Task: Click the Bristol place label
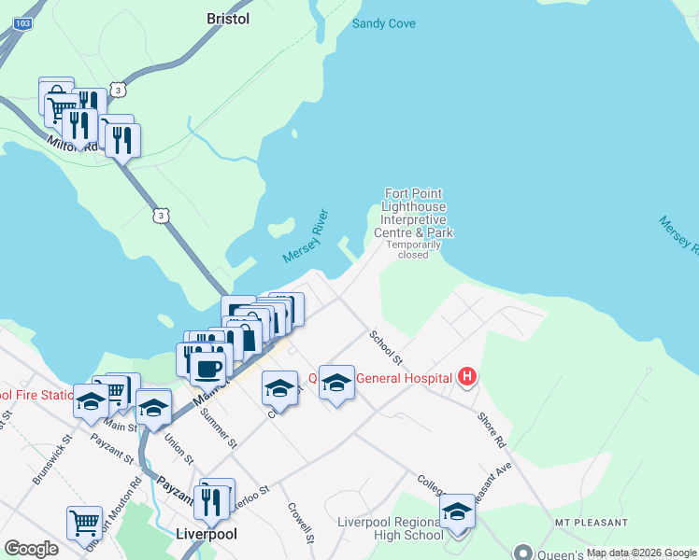tap(228, 18)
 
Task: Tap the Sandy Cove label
tap(383, 23)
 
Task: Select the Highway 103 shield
tap(24, 21)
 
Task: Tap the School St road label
tap(385, 347)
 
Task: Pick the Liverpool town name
tap(207, 535)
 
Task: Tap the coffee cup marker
tap(208, 366)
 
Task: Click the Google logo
tap(31, 549)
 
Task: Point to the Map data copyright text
tap(640, 553)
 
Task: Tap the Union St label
tap(178, 447)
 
